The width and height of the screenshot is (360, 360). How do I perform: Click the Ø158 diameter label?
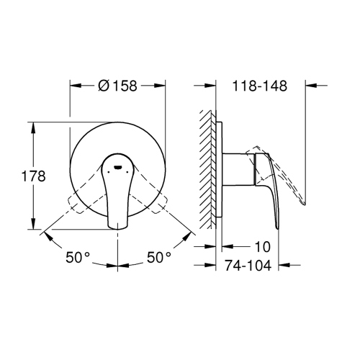(x=119, y=86)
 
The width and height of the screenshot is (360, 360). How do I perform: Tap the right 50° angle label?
(x=159, y=256)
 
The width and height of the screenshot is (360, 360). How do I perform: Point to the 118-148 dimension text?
(x=260, y=86)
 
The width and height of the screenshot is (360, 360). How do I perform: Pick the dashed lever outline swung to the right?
(x=154, y=194)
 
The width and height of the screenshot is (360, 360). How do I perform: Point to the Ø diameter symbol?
(x=102, y=86)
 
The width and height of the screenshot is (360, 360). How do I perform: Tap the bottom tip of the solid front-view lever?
(x=117, y=227)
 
